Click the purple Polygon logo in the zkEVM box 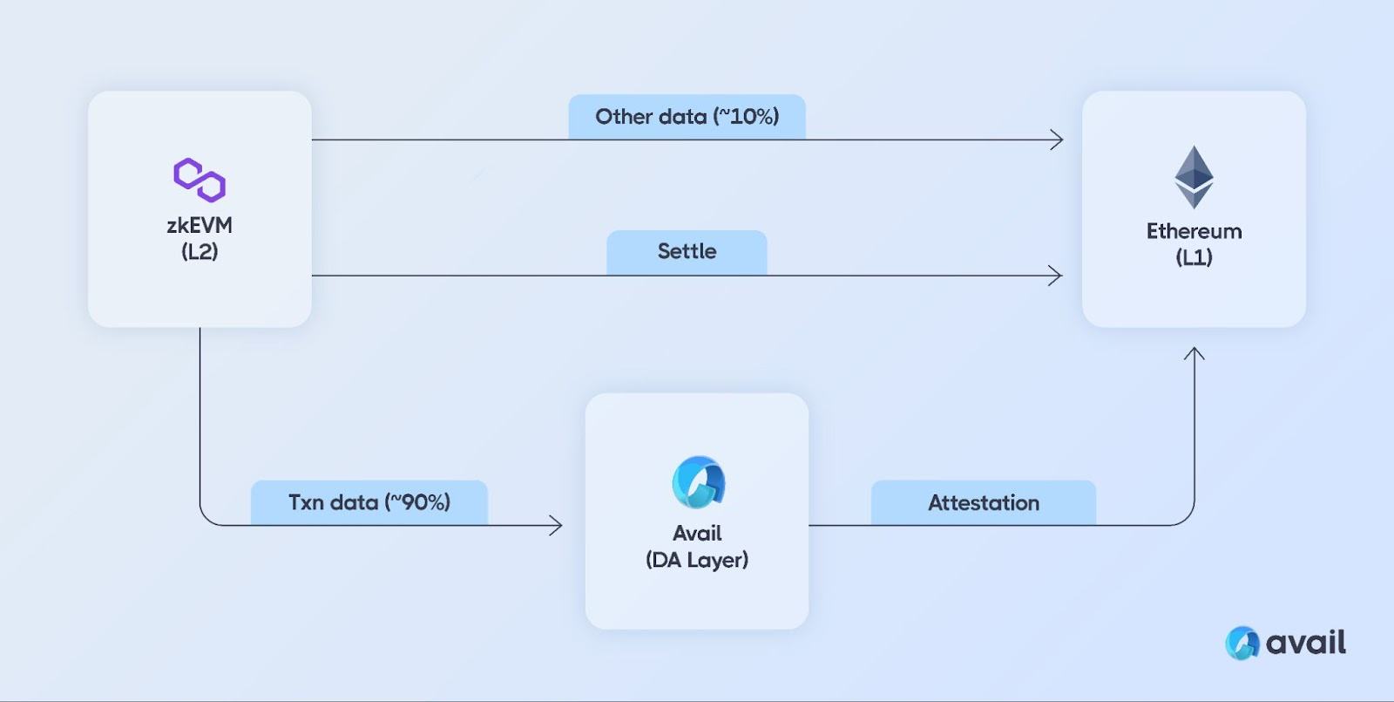pos(200,180)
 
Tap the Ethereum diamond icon pos(1194,177)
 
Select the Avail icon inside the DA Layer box pos(698,482)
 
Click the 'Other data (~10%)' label pos(687,117)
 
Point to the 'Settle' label pos(687,251)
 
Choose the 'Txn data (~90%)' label pos(369,502)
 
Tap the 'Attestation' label pos(984,502)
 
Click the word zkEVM pos(200,225)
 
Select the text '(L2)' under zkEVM pos(200,252)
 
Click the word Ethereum pos(1194,231)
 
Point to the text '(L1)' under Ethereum pos(1194,257)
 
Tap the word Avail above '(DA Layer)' pos(697,533)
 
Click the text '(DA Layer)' pos(697,560)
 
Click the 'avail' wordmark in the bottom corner pos(1306,642)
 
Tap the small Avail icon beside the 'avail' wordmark pos(1242,643)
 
